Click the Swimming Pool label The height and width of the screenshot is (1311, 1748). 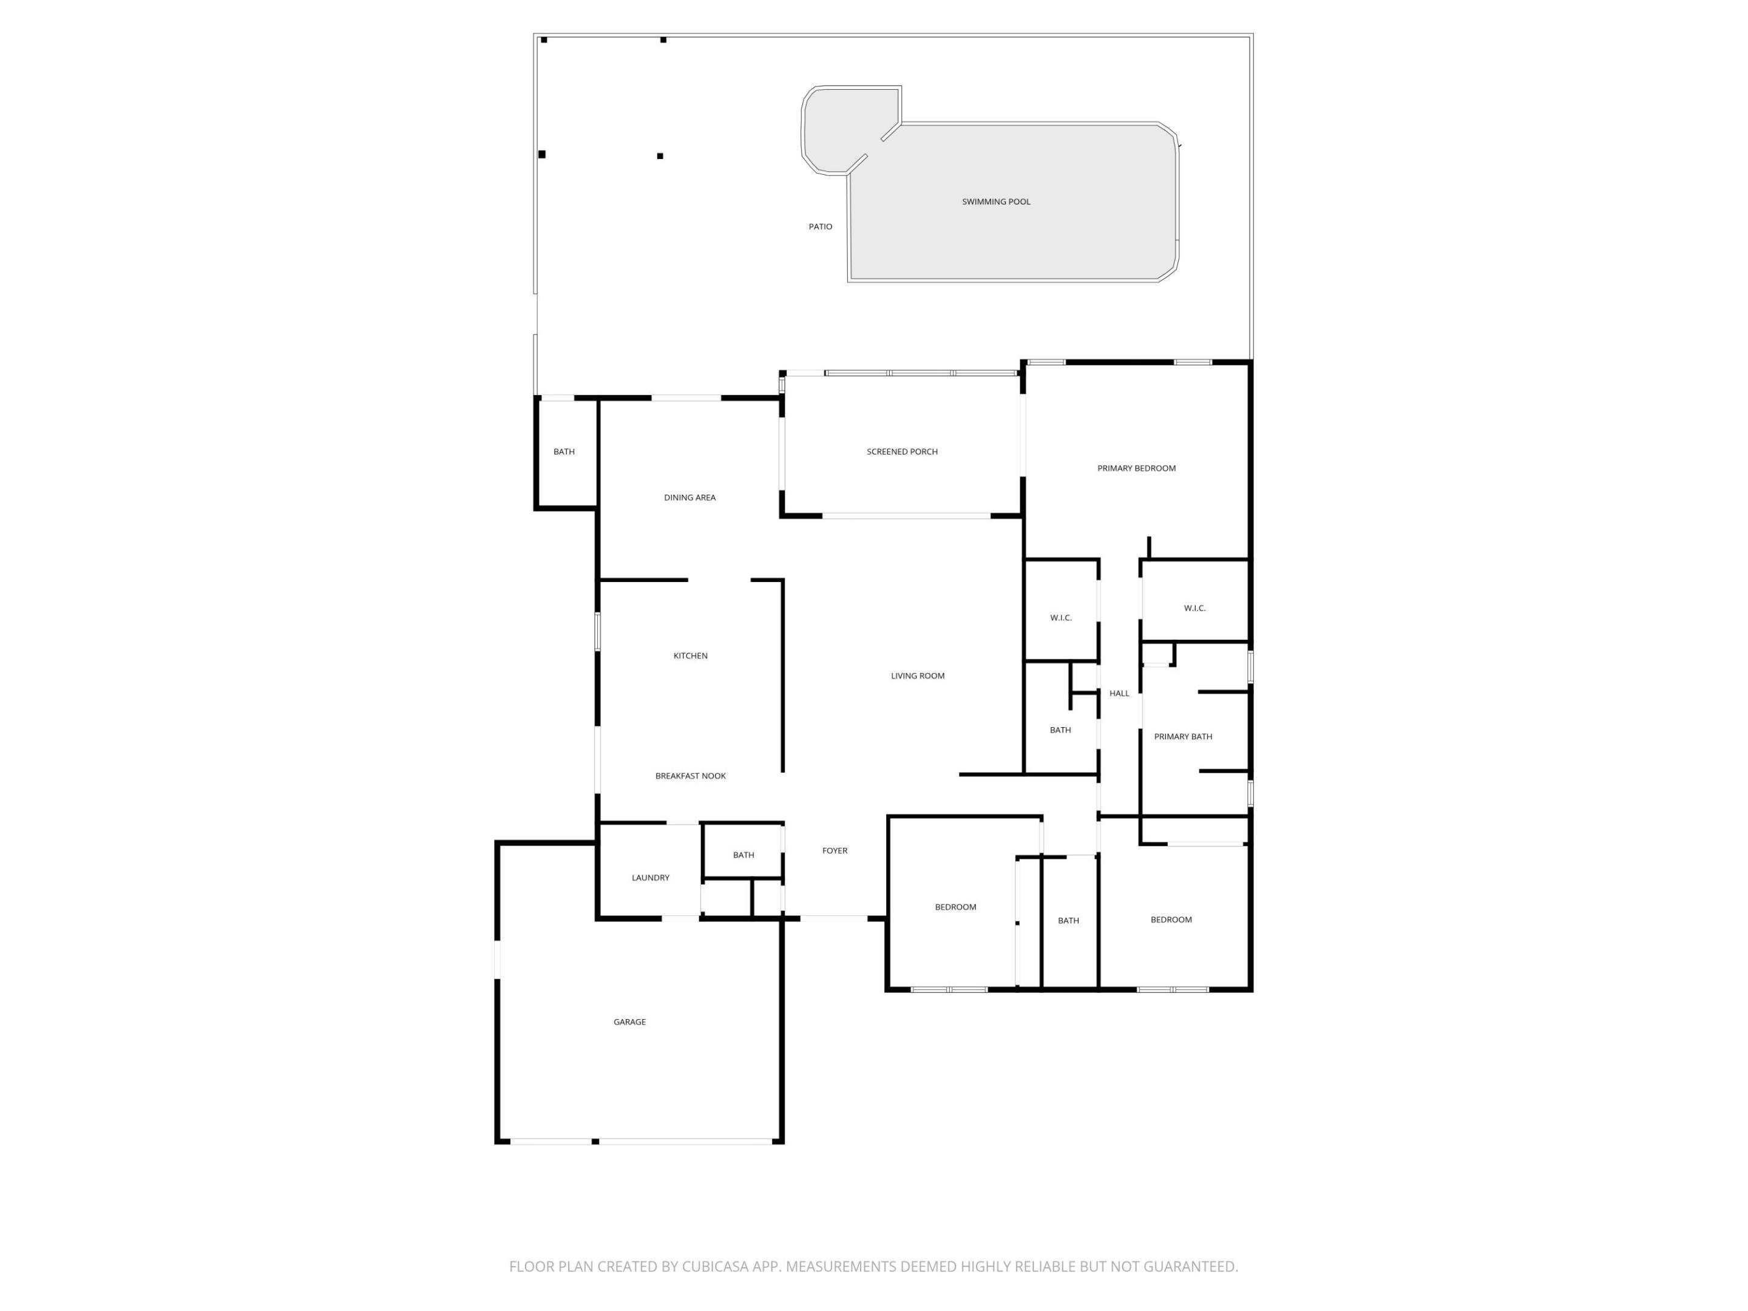coord(996,202)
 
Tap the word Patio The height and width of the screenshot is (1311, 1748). coord(820,227)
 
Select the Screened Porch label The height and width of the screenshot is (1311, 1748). coord(902,452)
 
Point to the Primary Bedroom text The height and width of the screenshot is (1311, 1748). coord(1136,469)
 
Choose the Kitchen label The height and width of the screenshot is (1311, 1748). coord(690,656)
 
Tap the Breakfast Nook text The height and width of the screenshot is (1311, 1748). coord(690,776)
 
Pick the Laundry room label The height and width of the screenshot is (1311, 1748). coord(651,878)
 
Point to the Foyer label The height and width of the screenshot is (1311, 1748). coord(835,851)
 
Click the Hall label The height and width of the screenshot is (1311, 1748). coord(1119,694)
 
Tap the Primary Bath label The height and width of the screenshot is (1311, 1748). coord(1182,736)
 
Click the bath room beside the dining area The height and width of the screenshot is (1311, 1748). coord(563,452)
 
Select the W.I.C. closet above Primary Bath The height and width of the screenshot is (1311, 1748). coord(1194,609)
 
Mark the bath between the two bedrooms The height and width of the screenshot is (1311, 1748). coord(1068,921)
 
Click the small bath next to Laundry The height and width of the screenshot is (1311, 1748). coord(743,855)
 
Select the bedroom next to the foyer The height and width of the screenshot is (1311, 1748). coord(955,907)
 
